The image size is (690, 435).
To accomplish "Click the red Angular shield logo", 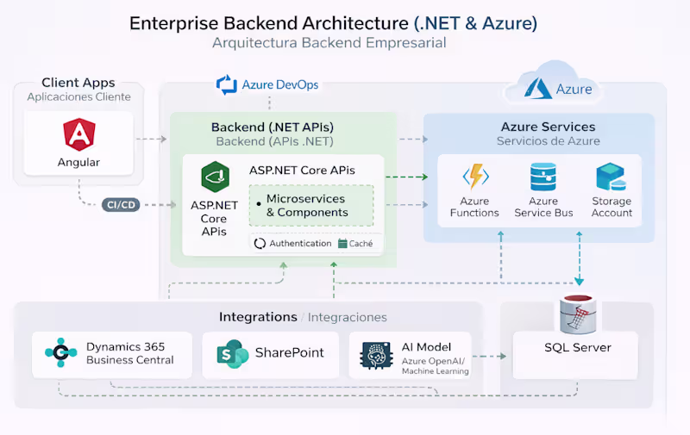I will (x=78, y=134).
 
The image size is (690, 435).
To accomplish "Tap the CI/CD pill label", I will (x=121, y=204).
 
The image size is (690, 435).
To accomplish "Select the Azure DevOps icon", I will (x=227, y=84).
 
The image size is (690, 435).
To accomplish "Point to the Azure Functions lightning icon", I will (x=474, y=177).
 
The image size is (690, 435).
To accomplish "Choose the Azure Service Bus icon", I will (x=543, y=177).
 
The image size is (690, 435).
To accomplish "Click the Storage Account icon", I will (x=612, y=177).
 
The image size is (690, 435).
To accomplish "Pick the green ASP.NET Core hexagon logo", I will (x=214, y=177).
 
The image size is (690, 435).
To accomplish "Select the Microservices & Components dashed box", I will (x=311, y=205).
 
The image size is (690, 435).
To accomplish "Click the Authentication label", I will (x=299, y=244).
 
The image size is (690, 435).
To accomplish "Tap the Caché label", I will (x=361, y=244).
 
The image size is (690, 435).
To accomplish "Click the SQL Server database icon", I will (x=578, y=314).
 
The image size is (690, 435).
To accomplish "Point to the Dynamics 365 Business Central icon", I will (x=61, y=353).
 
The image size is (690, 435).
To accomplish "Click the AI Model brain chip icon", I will (x=376, y=355).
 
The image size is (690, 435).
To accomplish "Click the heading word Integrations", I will (x=258, y=317).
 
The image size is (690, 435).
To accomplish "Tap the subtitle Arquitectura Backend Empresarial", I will (x=329, y=43).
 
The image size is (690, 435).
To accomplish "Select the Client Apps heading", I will (x=78, y=83).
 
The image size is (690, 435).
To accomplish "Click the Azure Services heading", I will (x=548, y=127).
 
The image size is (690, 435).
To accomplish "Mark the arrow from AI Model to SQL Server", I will (x=490, y=355).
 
